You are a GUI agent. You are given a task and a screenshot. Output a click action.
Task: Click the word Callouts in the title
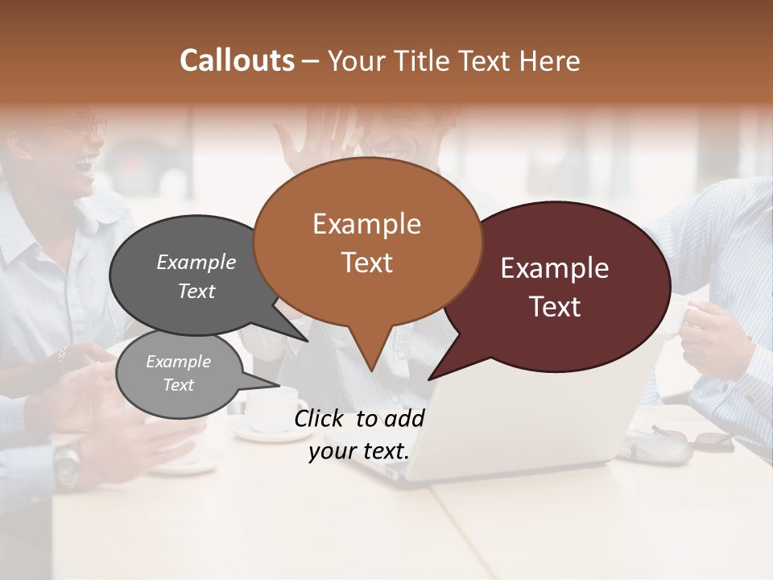237,60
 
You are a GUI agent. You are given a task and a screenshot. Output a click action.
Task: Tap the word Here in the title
549,60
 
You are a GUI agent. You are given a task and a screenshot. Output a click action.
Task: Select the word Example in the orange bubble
366,224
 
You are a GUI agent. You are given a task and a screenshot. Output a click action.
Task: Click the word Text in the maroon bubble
555,307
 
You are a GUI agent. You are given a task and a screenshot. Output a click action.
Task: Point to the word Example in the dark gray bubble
196,262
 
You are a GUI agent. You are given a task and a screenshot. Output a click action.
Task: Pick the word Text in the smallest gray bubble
179,385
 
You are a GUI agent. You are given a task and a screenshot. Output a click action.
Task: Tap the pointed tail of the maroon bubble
435,375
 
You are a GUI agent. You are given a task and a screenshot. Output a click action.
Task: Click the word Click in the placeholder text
321,418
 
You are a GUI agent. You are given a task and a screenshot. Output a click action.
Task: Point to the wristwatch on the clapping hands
68,463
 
